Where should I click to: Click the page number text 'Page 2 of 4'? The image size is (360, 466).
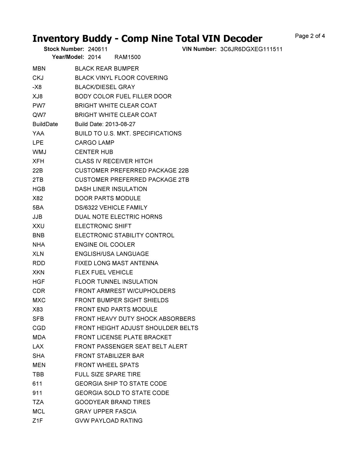pos(310,36)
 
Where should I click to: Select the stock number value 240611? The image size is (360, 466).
pos(98,49)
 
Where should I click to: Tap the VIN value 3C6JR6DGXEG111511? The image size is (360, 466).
pos(251,49)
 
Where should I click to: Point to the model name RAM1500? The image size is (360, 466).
pos(127,57)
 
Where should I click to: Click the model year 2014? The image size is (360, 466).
pos(94,57)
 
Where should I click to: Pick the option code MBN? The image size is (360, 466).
pos(39,69)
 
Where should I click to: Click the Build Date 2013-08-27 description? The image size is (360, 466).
pos(105,124)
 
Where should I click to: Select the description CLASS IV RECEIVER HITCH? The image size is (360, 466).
pos(114,161)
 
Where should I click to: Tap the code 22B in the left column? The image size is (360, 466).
pos(38,171)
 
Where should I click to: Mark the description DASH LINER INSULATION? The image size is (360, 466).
pos(111,189)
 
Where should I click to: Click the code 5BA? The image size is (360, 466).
pos(38,208)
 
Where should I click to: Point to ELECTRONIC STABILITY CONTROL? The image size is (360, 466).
pos(124,235)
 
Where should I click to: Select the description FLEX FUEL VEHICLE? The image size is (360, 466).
pos(104,272)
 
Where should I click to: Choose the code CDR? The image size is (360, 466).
pos(39,291)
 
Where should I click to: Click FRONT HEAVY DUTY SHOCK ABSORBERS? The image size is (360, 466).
pos(135,319)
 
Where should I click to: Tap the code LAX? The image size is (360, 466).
pos(38,347)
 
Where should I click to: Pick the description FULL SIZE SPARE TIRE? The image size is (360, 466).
pos(107,375)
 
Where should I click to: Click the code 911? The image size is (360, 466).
pos(37,393)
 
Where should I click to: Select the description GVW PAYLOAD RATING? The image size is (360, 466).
pos(109,421)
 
